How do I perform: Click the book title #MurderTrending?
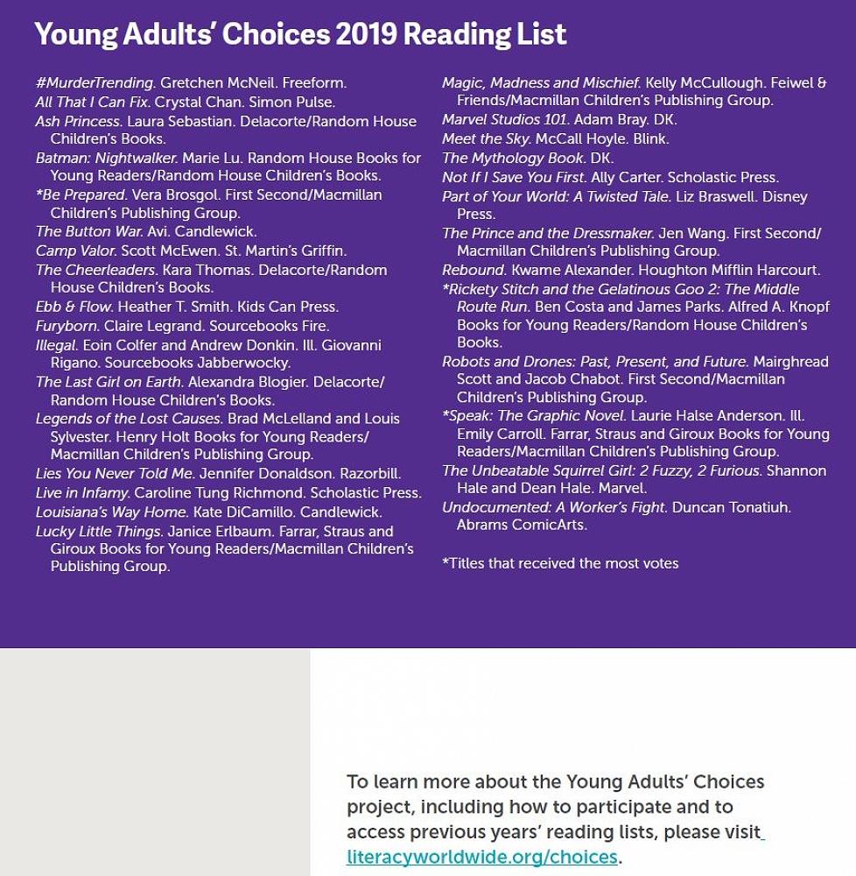tap(95, 83)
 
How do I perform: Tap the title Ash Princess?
tap(78, 122)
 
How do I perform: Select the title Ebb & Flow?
tap(74, 307)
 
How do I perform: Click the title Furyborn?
tap(67, 326)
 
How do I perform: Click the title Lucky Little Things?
tap(99, 531)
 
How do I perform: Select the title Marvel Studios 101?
tap(505, 120)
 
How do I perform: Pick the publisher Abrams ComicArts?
tap(522, 525)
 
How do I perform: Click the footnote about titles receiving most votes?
tap(560, 563)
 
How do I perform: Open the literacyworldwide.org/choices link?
tap(482, 857)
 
